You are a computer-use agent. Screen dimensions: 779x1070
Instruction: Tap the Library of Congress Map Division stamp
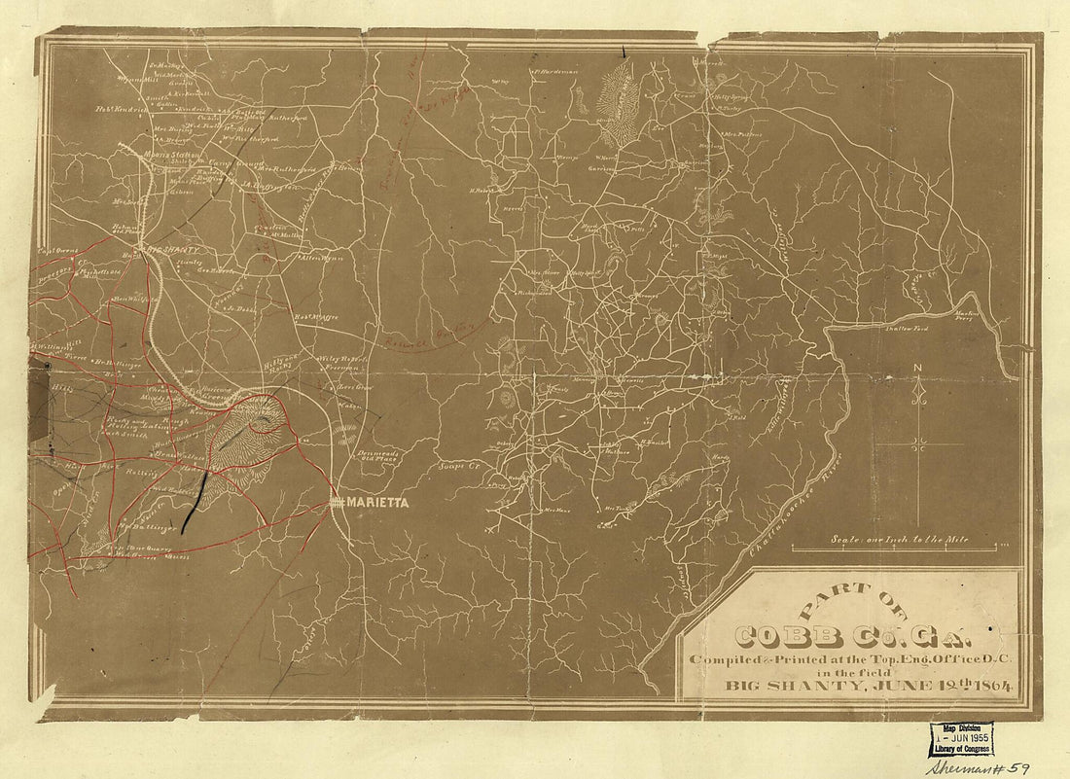pos(960,739)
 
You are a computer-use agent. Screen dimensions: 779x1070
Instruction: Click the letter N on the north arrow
pos(917,367)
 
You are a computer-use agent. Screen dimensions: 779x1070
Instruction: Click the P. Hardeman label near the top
pos(555,70)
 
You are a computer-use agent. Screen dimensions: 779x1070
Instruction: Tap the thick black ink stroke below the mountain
pos(195,503)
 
